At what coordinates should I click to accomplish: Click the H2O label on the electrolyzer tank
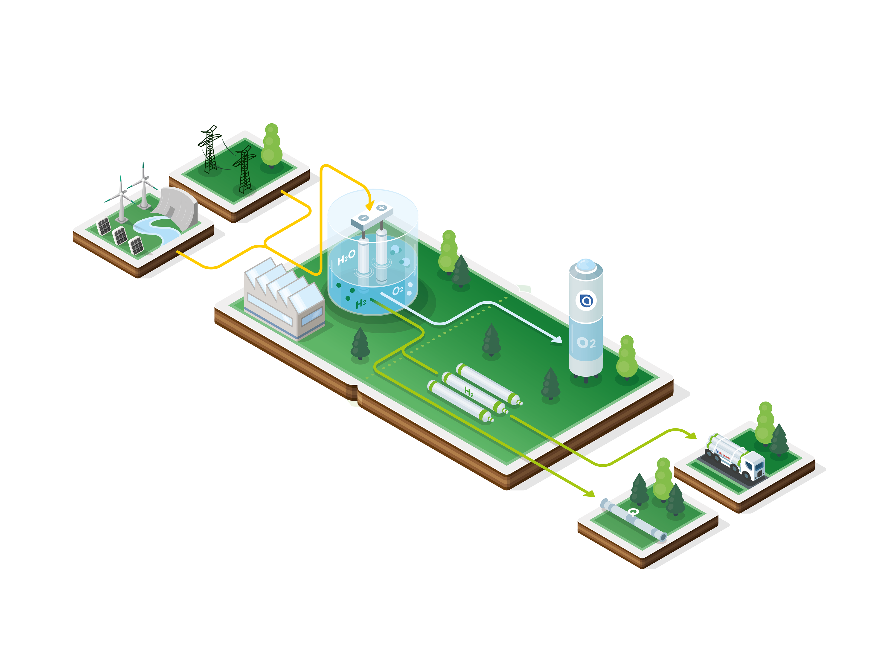[346, 257]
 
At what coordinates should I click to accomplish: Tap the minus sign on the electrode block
[363, 218]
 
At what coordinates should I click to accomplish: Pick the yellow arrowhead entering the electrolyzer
[370, 206]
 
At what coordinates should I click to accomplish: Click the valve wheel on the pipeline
[633, 512]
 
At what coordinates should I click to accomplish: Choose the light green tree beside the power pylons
[272, 146]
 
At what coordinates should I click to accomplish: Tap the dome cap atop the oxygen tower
[586, 265]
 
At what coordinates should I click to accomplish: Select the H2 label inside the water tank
[361, 303]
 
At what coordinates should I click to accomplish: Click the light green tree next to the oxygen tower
[627, 358]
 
